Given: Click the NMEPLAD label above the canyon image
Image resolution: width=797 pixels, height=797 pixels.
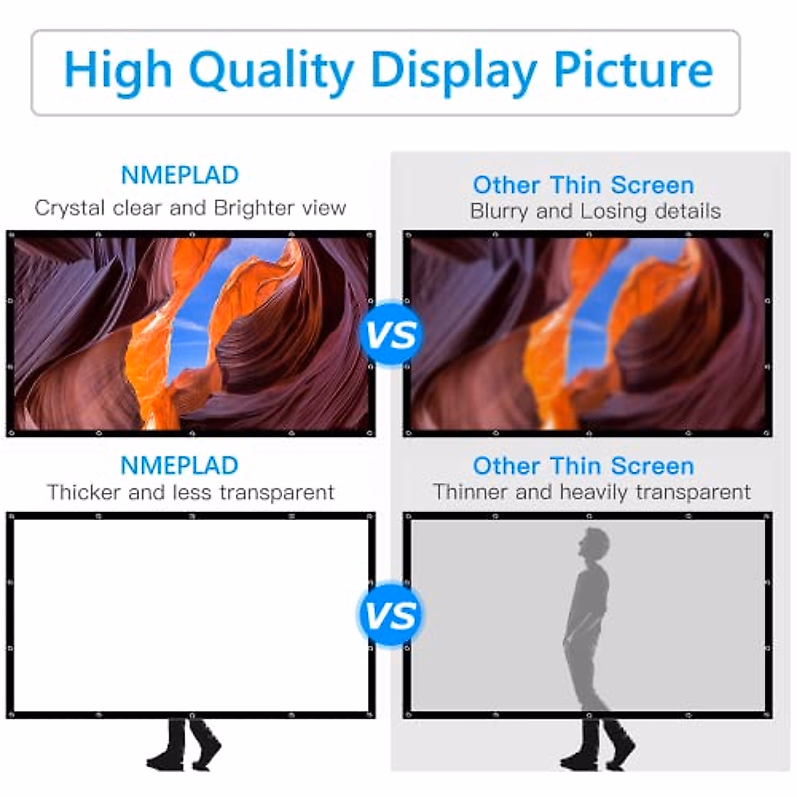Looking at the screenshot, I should click(179, 175).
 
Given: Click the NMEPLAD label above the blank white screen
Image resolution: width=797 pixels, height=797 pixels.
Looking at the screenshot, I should click(179, 466).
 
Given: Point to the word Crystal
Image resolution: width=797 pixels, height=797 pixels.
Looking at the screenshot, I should click(70, 208).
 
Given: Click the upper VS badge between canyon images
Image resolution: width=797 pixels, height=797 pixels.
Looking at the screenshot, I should click(392, 333).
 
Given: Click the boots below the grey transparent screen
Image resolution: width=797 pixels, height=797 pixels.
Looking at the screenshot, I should click(597, 745).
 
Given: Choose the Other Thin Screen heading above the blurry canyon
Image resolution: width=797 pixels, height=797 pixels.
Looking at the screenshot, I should click(583, 185).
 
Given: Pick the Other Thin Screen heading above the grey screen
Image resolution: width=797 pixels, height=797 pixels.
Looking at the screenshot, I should click(583, 466).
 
